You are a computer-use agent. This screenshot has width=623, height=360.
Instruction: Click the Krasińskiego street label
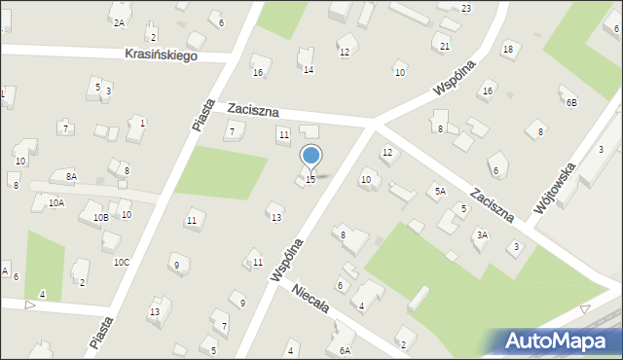coord(161,55)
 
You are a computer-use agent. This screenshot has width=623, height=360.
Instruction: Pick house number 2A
coord(119,22)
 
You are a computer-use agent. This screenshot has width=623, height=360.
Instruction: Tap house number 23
coord(466,9)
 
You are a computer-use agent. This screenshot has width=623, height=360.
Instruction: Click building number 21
coord(445,46)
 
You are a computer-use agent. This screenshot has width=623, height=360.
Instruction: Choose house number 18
coord(507,49)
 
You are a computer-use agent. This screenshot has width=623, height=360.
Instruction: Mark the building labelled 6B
coord(571,102)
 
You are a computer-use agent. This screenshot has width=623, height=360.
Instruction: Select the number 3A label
coord(481,234)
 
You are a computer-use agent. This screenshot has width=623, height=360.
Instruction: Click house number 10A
coord(56,203)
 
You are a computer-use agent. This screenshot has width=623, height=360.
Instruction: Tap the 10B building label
coord(101,218)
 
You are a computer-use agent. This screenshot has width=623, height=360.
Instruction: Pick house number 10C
coord(121,262)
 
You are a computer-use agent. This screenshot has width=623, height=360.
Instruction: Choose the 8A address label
coord(71,176)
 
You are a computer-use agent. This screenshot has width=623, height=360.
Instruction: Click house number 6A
coord(344,350)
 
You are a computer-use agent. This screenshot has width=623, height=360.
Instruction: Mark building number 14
coord(308,69)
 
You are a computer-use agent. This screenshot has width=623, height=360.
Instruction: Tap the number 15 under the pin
coord(311,179)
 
